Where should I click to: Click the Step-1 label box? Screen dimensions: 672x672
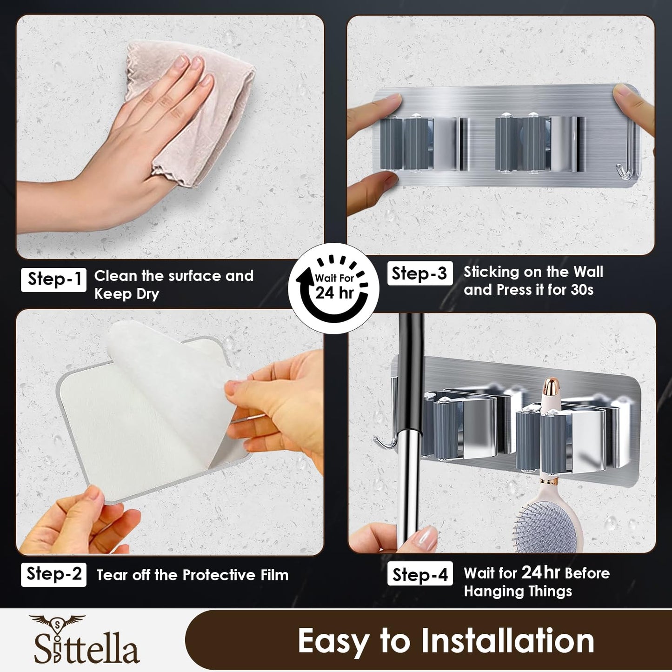tap(53, 279)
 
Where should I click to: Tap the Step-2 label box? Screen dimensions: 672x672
tap(53, 574)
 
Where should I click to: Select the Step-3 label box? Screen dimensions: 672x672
tap(419, 273)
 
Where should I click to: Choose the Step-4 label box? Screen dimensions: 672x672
tap(419, 575)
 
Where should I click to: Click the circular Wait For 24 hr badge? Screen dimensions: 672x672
tap(334, 288)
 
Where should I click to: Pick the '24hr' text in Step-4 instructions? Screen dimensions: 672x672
tap(540, 572)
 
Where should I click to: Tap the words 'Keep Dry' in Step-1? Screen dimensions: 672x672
tap(126, 294)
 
